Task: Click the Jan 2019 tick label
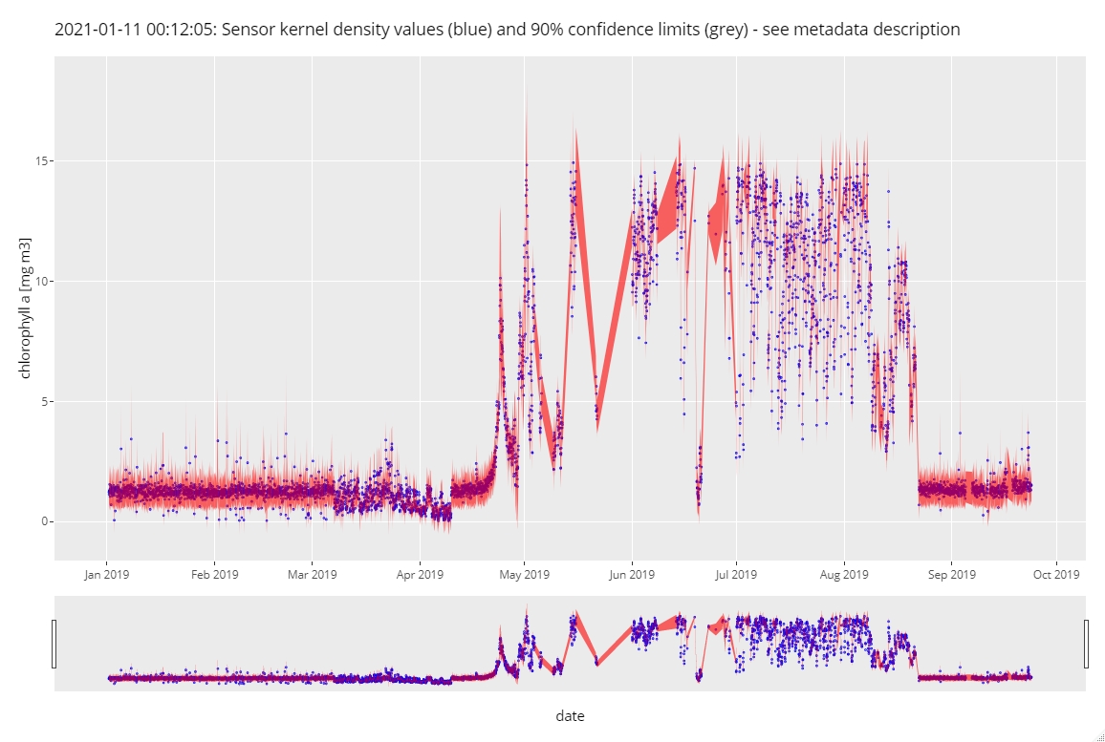106,575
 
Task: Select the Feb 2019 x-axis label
214,575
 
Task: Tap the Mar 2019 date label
312,575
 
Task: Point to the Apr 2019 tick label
420,575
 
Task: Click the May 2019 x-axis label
524,575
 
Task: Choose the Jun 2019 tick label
632,575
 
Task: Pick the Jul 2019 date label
736,575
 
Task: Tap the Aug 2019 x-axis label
844,575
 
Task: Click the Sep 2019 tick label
951,575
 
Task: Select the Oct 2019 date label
1055,575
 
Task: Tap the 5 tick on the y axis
44,402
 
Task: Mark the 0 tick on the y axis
44,522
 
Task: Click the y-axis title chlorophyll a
26,307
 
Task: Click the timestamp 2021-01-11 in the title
97,30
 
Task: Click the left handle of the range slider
54,644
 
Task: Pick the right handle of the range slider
1087,644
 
